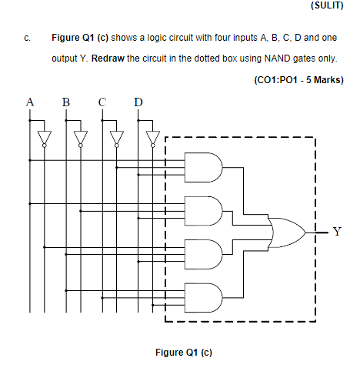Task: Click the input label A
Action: (x=30, y=101)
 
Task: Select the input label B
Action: (x=65, y=101)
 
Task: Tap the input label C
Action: (x=102, y=101)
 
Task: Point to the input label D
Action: (x=138, y=101)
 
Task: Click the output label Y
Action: (x=337, y=229)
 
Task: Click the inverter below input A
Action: (x=44, y=137)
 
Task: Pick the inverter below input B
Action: (x=80, y=137)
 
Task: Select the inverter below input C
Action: (x=116, y=137)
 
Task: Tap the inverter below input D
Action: (x=152, y=137)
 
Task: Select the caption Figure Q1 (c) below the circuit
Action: (x=183, y=352)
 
